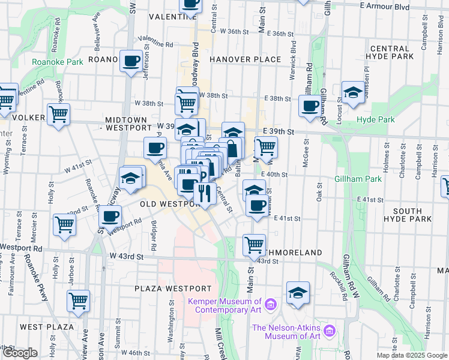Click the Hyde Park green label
pyautogui.click(x=376, y=119)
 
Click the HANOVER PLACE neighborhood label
pyautogui.click(x=246, y=59)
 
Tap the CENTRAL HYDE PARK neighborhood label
pyautogui.click(x=393, y=52)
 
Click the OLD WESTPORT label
pyautogui.click(x=169, y=204)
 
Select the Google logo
pyautogui.click(x=20, y=353)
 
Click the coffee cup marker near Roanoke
pyautogui.click(x=131, y=60)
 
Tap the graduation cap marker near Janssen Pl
pyautogui.click(x=353, y=92)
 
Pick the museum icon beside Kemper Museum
pyautogui.click(x=270, y=305)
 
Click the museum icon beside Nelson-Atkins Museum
pyautogui.click(x=329, y=331)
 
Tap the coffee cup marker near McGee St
pyautogui.click(x=310, y=106)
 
